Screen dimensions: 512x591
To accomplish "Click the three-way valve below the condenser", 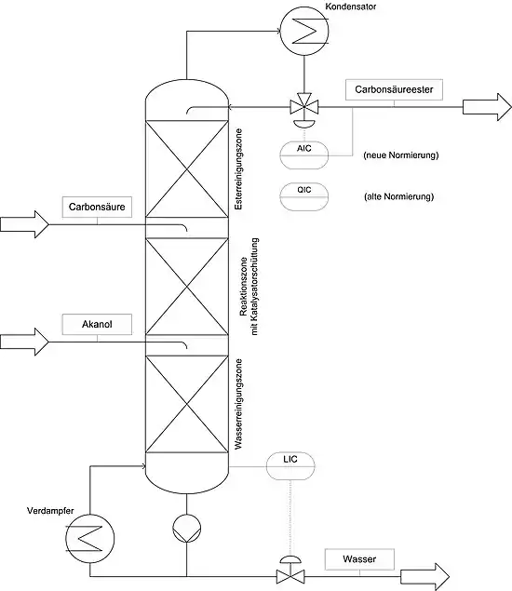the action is pos(303,107).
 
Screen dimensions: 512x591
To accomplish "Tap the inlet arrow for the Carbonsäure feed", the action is pos(24,224).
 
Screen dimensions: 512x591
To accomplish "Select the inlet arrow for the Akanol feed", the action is pos(24,342).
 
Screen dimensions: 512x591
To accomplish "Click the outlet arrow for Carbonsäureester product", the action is pos(487,107).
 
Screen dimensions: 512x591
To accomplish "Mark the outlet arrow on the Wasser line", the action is pos(424,577).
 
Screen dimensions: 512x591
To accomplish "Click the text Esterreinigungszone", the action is pos(238,168).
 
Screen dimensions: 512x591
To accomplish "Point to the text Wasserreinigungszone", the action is pos(238,404).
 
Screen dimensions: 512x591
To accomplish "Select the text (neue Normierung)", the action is pos(401,155).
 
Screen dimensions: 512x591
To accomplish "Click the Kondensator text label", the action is pos(351,7).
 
